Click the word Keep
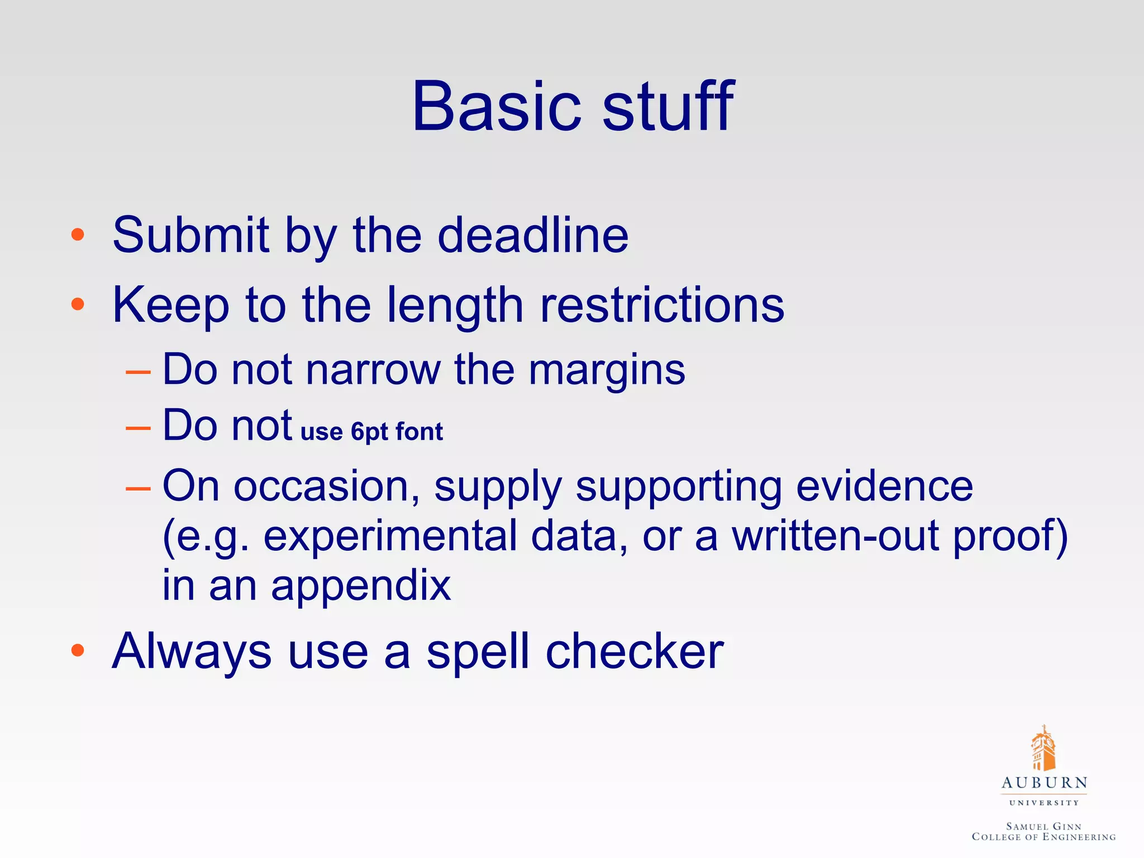point(171,306)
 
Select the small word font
point(419,431)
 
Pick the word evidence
point(884,486)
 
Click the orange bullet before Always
point(78,650)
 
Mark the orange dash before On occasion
point(138,488)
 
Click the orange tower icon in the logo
point(1043,749)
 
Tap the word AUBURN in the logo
point(1044,783)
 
